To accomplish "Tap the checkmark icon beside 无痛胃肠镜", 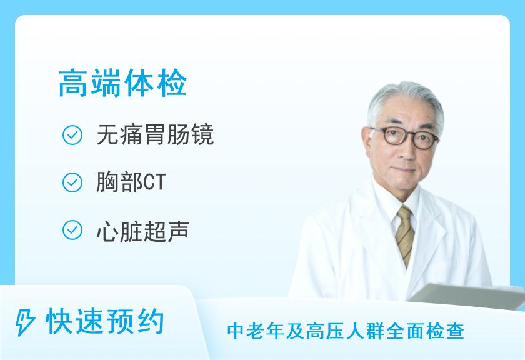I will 73,135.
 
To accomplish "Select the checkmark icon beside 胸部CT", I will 73,182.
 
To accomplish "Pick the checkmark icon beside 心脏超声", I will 73,231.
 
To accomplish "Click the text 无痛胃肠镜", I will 155,135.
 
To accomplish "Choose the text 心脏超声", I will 142,231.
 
